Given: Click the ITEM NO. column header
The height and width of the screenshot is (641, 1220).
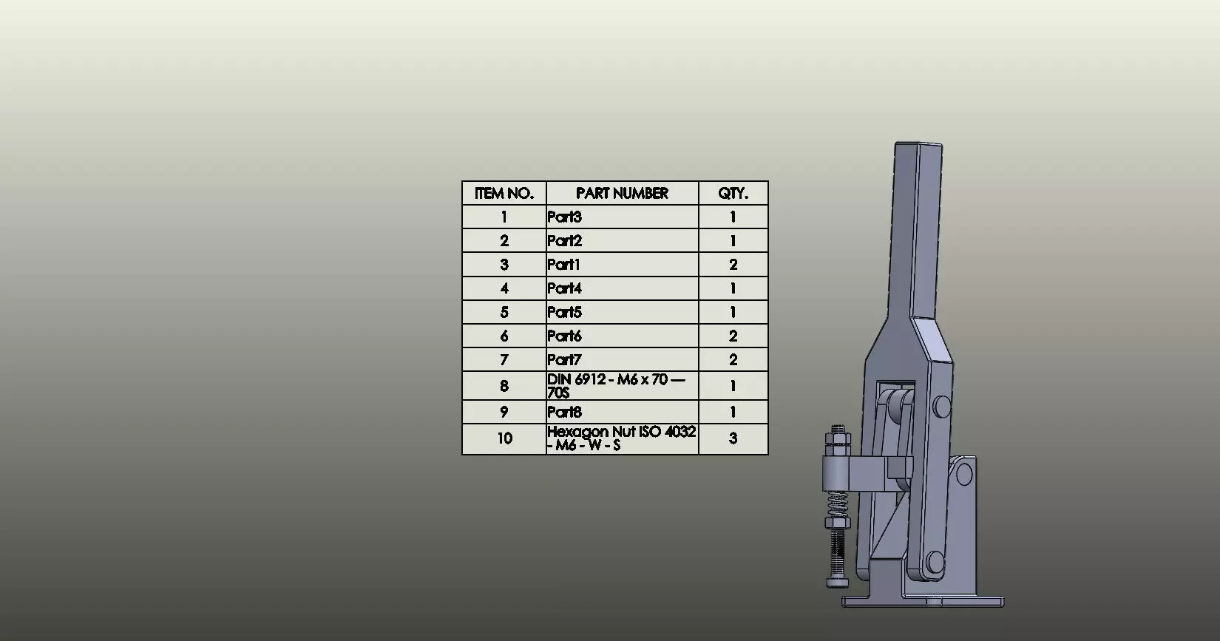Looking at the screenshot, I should point(504,194).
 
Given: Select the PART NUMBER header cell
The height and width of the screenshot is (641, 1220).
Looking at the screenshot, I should point(622,194).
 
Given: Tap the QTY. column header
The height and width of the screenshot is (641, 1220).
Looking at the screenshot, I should point(733,194).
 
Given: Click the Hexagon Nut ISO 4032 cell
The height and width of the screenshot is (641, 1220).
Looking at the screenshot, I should point(622,438).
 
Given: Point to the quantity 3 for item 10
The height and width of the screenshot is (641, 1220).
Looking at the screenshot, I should point(733,438).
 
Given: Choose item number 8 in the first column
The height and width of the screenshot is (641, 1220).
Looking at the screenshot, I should point(504,386).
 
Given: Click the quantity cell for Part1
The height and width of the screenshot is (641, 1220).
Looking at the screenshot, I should point(733,265).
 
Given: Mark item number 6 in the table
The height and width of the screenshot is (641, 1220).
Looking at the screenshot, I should point(504,336).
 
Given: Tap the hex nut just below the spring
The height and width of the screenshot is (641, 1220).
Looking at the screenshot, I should point(836,526).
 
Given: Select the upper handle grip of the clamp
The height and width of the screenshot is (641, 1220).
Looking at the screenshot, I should point(918,222).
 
